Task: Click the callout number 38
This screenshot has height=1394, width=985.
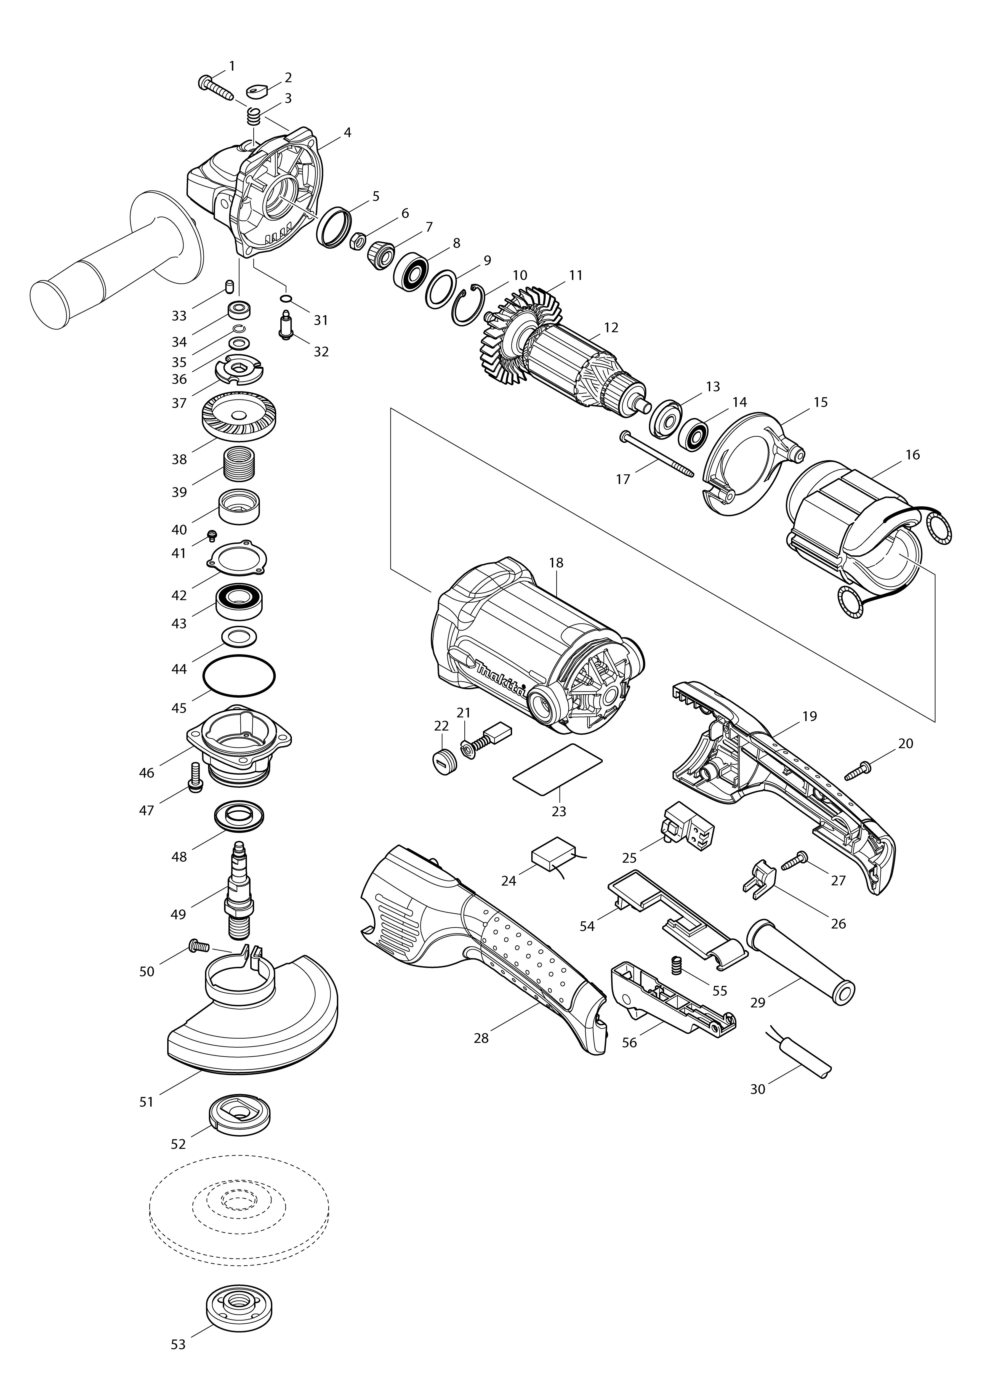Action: click(179, 460)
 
